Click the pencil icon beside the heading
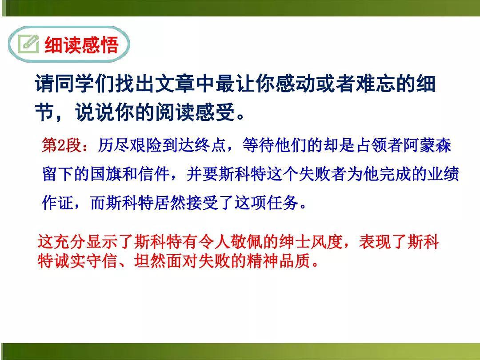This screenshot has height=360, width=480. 28,44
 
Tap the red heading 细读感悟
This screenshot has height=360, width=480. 81,45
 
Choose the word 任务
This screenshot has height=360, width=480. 283,203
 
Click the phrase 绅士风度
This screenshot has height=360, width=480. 311,241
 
